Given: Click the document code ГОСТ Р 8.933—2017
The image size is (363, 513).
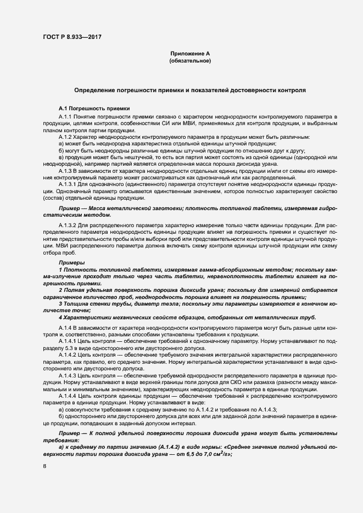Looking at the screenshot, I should pyautogui.click(x=72, y=37).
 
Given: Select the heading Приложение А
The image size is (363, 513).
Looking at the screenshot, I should pyautogui.click(x=190, y=54).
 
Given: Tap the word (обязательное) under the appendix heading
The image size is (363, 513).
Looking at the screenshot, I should pyautogui.click(x=190, y=61).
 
